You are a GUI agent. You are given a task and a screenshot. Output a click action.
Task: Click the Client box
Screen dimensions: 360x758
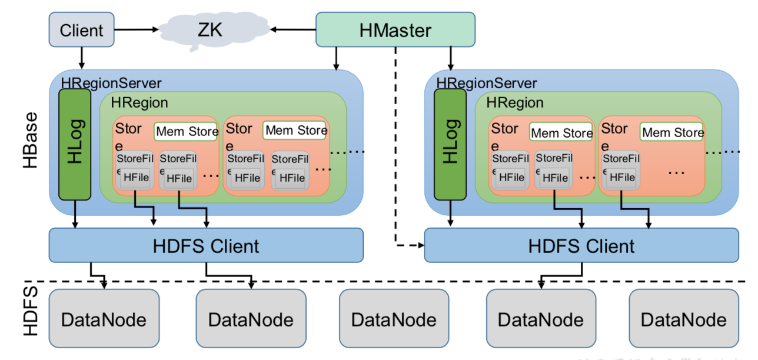[81, 29]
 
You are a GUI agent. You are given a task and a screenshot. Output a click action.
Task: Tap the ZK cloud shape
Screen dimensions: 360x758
[211, 29]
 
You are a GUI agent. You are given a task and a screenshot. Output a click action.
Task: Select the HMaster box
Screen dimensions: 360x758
[395, 30]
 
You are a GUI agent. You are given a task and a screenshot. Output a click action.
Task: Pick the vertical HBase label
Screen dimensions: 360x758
[31, 140]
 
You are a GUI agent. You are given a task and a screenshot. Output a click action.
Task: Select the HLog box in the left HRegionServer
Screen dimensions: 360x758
[75, 144]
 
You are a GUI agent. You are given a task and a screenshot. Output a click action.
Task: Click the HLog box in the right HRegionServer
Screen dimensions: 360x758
[450, 144]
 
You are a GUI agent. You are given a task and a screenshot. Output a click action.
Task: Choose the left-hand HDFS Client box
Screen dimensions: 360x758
[206, 245]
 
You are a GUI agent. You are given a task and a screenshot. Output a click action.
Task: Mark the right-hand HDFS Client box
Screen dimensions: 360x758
[581, 245]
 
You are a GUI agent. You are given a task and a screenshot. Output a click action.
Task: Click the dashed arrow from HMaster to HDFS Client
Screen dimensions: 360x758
[395, 176]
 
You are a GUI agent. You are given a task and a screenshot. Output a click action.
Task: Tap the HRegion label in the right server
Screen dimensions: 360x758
[515, 103]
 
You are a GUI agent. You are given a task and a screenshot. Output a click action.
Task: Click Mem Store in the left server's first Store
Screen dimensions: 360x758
[187, 131]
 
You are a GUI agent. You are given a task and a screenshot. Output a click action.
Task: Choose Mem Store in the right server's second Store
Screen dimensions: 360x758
[673, 132]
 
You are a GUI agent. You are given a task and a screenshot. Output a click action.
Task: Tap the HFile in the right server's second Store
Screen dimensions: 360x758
[622, 176]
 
